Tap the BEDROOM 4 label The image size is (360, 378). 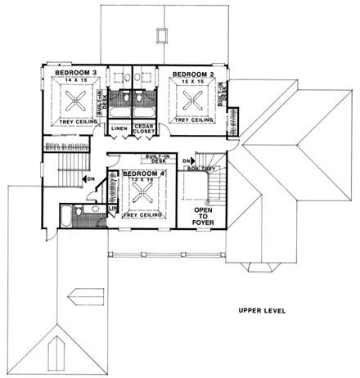(x=145, y=174)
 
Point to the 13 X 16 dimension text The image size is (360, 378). (x=144, y=182)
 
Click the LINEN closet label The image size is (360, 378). (x=119, y=128)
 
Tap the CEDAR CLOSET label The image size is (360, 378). (x=146, y=131)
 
